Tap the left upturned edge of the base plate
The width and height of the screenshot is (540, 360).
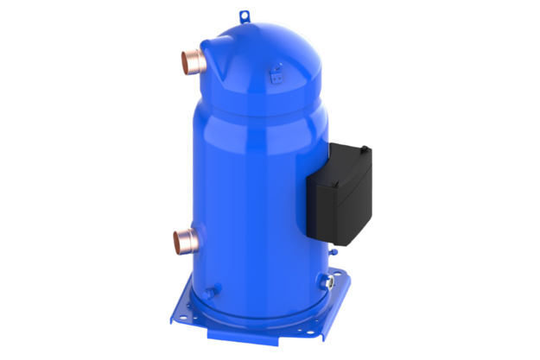[x=176, y=298]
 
